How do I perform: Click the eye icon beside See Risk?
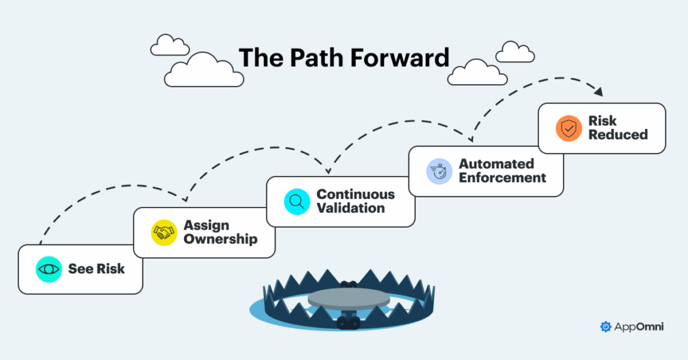pyautogui.click(x=48, y=269)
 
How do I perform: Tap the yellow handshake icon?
pyautogui.click(x=164, y=232)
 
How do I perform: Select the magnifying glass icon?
pyautogui.click(x=296, y=201)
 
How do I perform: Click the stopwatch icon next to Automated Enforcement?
pyautogui.click(x=439, y=171)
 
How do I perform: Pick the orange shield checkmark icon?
pyautogui.click(x=568, y=128)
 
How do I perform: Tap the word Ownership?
pyautogui.click(x=220, y=239)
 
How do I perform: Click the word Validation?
pyautogui.click(x=351, y=208)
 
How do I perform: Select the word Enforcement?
pyautogui.click(x=503, y=178)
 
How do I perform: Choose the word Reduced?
pyautogui.click(x=618, y=134)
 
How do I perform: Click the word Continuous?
pyautogui.click(x=356, y=194)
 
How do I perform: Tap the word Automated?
pyautogui.click(x=497, y=164)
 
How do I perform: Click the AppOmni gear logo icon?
pyautogui.click(x=605, y=327)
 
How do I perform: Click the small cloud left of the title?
pyautogui.click(x=170, y=46)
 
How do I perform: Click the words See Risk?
pyautogui.click(x=96, y=269)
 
